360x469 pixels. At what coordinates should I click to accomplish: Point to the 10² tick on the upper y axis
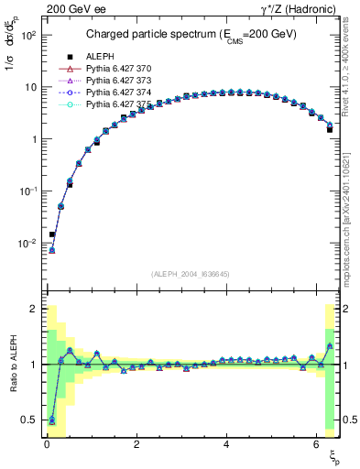point(27,34)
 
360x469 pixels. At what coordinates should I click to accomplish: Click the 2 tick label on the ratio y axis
point(32,309)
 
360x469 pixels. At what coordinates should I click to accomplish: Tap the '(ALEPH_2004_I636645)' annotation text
point(190,274)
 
